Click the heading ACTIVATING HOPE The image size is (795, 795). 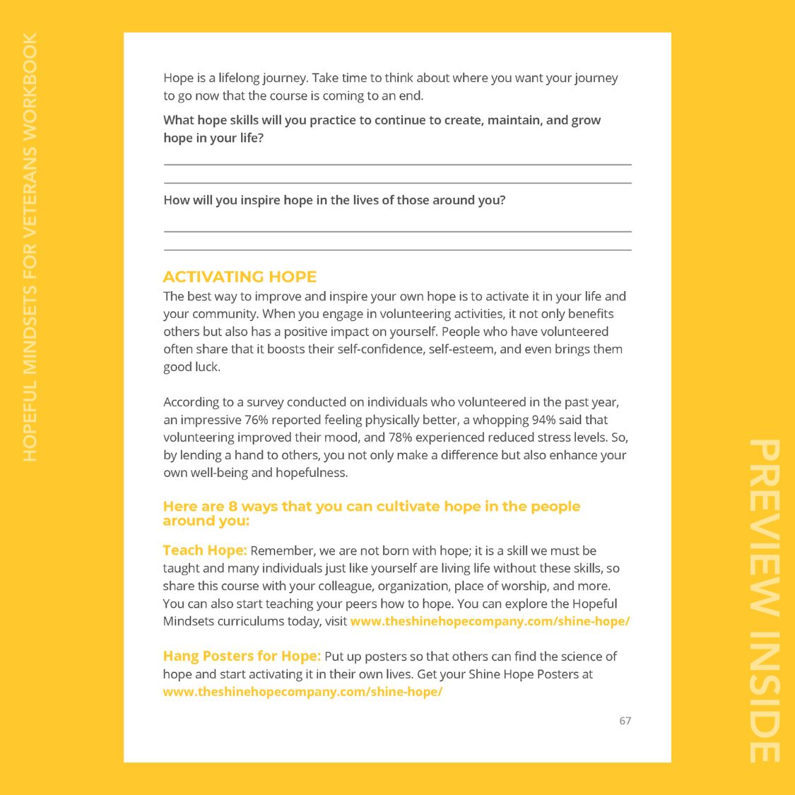point(240,277)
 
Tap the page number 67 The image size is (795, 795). point(625,721)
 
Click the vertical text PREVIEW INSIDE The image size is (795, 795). point(765,601)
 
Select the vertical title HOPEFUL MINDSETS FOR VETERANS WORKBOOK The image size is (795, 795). point(30,247)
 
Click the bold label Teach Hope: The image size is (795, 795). point(205,550)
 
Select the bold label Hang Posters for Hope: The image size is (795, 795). point(242,656)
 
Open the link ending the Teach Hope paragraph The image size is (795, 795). point(490,621)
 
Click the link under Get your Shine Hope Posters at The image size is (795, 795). point(302,692)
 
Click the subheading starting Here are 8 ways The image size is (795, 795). point(371,513)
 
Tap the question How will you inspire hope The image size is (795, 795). point(334,200)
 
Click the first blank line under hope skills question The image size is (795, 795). point(397,164)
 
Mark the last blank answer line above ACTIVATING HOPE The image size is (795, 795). point(397,249)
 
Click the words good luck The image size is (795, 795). point(192,367)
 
